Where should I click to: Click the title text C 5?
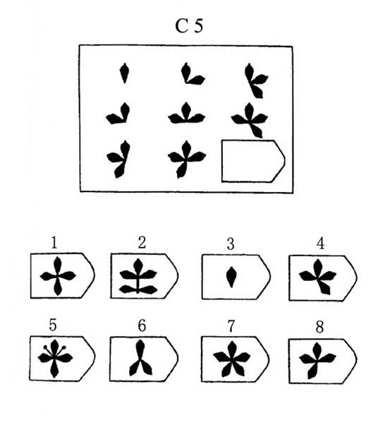pos(189,26)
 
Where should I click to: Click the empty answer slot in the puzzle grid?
pos(253,161)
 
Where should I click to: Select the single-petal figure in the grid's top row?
pos(124,73)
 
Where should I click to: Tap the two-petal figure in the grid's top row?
pos(193,73)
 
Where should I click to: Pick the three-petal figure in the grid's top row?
pos(256,80)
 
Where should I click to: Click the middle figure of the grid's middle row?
pos(186,113)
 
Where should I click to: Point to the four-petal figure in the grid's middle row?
pos(250,120)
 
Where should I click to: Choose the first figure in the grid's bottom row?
pos(118,159)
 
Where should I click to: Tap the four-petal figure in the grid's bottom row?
pos(187,159)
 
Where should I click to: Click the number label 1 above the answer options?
pos(54,243)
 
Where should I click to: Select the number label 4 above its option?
pos(320,244)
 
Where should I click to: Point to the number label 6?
pos(142,325)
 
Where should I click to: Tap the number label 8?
pos(320,327)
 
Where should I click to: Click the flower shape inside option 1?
pos(58,276)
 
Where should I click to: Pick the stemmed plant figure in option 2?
pos(138,276)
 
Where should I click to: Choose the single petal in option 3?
pos(231,277)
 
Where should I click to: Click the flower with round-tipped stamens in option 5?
pos(55,359)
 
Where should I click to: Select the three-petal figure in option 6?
pos(140,358)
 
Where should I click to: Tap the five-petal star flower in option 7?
pos(232,359)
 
